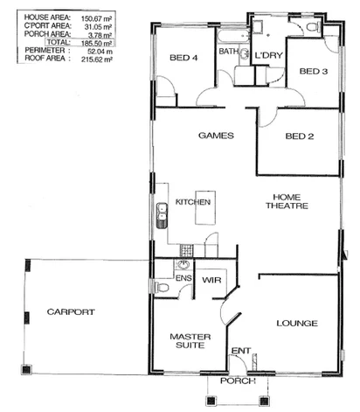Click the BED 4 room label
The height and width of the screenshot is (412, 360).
(184, 59)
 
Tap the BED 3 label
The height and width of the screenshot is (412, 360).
(313, 71)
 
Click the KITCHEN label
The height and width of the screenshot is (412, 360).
(193, 202)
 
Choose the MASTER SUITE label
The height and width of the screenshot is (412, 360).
(187, 340)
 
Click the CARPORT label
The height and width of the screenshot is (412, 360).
(71, 312)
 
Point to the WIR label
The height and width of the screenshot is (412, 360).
(210, 281)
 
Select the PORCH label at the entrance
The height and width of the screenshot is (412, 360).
(237, 381)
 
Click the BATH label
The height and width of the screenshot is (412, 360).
(229, 52)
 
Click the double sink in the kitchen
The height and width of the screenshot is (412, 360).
(162, 214)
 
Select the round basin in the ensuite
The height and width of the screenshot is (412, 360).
(184, 263)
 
